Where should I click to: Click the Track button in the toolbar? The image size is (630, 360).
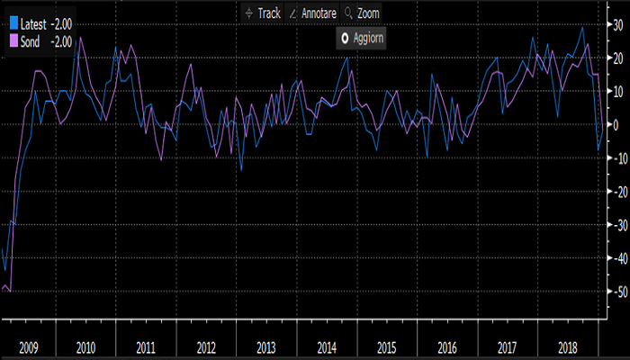coord(264,13)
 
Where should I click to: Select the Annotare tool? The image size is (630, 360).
coord(312,13)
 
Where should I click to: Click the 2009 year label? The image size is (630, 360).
coord(26,346)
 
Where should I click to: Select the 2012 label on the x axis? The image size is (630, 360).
coord(206,346)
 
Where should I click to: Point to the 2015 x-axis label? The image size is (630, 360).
coord(387,346)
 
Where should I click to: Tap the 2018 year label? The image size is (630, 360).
coord(568,346)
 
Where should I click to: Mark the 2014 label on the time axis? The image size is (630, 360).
coord(327,346)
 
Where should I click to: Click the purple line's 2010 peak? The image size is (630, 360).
coord(80,38)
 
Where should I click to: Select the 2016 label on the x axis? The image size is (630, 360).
coord(447,346)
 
